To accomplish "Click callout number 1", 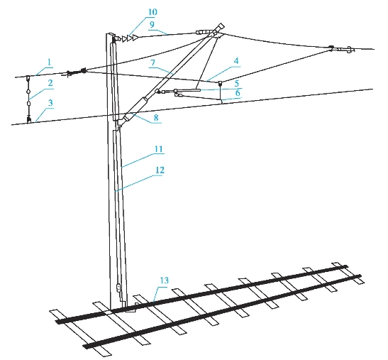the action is (x=49, y=62).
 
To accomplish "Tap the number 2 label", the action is (x=50, y=83).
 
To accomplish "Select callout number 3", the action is (x=50, y=103).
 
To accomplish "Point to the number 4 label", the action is (x=236, y=61).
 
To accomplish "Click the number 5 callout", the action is (x=237, y=84).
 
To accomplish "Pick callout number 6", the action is (x=238, y=93).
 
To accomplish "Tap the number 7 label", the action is (x=153, y=62).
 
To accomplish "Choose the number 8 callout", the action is (x=156, y=118).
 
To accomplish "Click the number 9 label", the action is (x=152, y=24).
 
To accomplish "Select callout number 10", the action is (x=153, y=12).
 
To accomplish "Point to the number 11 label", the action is (x=159, y=149).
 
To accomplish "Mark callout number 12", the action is (x=160, y=170).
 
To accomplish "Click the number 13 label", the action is (x=164, y=280).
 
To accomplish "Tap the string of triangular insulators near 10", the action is (x=130, y=38).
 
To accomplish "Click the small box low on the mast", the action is (x=119, y=288).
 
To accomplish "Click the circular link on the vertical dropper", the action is (x=28, y=92).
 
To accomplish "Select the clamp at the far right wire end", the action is (x=349, y=50).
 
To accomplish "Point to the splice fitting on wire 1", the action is (x=74, y=72).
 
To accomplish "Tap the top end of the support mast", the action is (x=111, y=34).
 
